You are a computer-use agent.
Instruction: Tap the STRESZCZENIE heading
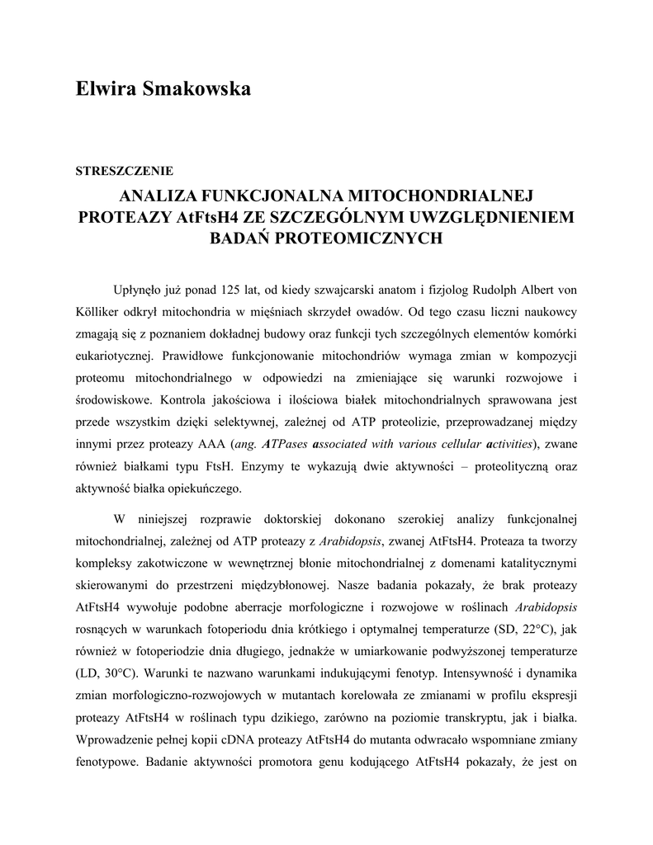pos(124,172)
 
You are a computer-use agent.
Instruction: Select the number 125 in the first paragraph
pos(234,290)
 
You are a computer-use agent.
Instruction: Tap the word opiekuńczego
pos(204,488)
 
